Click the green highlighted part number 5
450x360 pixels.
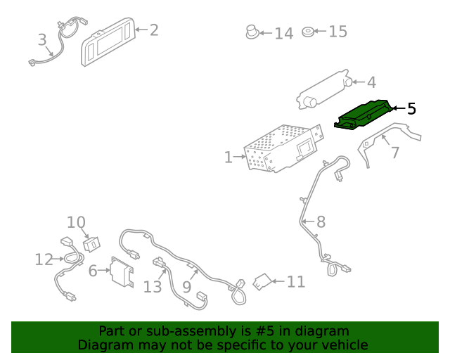364,115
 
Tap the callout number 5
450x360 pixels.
411,109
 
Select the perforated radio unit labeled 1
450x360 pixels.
283,148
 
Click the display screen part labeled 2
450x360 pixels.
108,41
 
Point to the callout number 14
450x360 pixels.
284,34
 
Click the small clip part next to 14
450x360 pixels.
252,32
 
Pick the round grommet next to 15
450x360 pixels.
308,32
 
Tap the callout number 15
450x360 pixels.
337,32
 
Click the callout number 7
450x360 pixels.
395,153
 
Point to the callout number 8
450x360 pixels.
321,222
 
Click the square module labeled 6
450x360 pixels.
122,271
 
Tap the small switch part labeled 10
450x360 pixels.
91,244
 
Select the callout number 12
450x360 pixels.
44,259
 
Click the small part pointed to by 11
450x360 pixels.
262,282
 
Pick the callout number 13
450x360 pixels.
153,287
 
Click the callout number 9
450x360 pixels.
187,287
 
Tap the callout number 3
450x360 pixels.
42,39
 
